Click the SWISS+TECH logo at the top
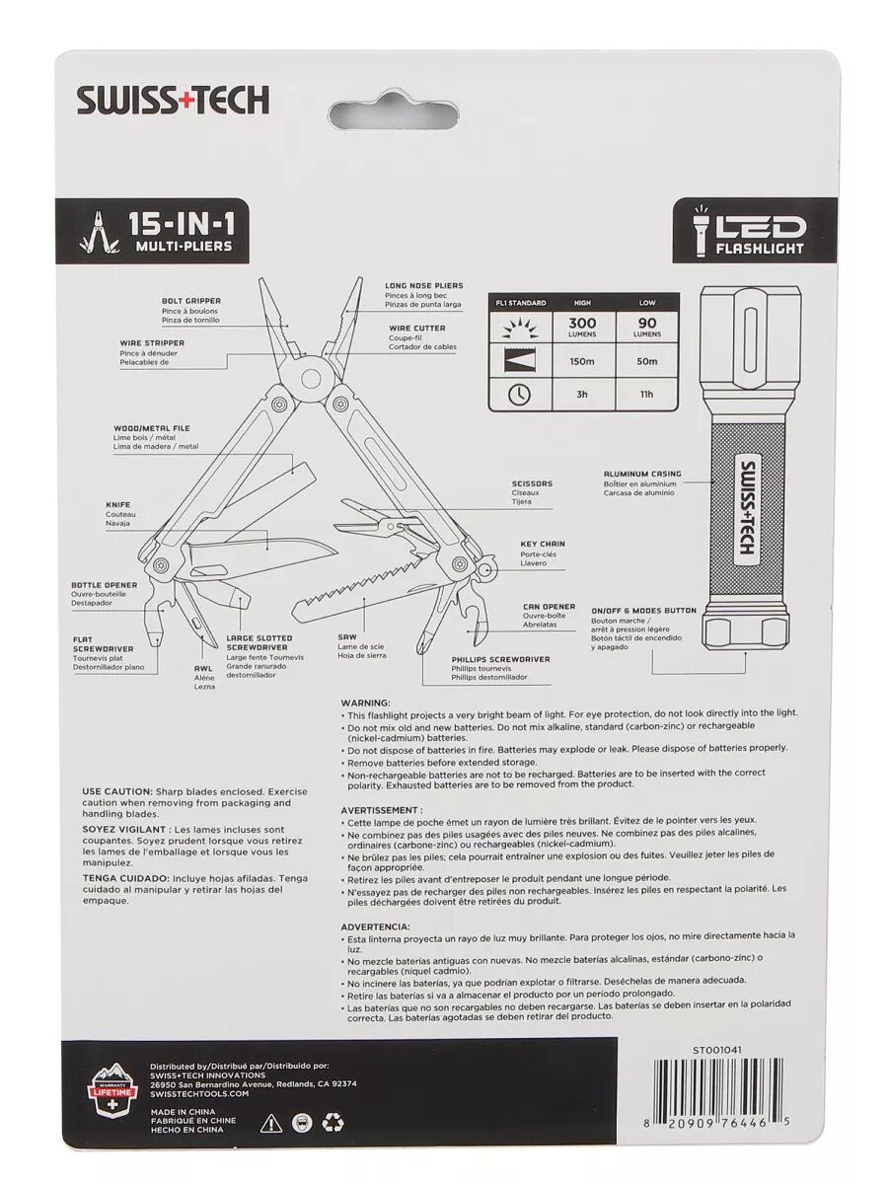pyautogui.click(x=173, y=100)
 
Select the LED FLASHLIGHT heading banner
pyautogui.click(x=755, y=230)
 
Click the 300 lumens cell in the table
pyautogui.click(x=582, y=328)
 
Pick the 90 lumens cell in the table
pyautogui.click(x=647, y=328)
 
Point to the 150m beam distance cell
pyautogui.click(x=582, y=361)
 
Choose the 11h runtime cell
pyautogui.click(x=647, y=395)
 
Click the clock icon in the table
pyautogui.click(x=519, y=395)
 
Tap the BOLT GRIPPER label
pyautogui.click(x=191, y=301)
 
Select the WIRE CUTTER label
pyautogui.click(x=415, y=329)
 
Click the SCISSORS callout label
pyautogui.click(x=532, y=483)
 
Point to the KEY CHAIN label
pyautogui.click(x=543, y=544)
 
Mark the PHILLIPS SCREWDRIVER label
pyautogui.click(x=500, y=659)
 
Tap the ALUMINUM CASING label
pyautogui.click(x=642, y=475)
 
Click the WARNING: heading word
pyautogui.click(x=365, y=702)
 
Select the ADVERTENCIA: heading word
pyautogui.click(x=375, y=927)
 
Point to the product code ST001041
pyautogui.click(x=717, y=1050)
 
